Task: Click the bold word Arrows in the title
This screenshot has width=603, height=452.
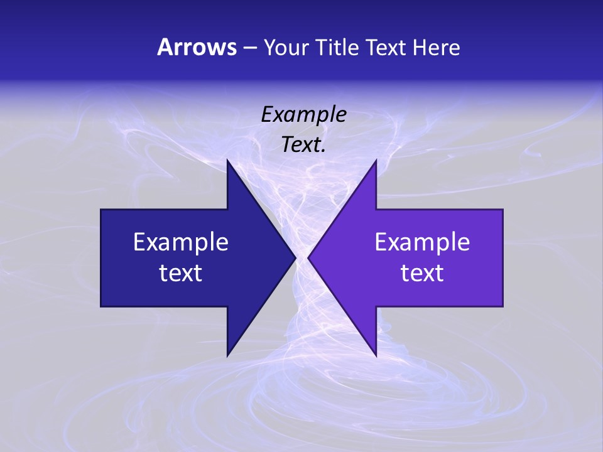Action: point(196,47)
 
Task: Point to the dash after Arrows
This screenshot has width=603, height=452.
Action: point(249,48)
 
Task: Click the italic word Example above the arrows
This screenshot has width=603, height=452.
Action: point(304,114)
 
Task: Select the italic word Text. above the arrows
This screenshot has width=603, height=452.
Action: point(304,145)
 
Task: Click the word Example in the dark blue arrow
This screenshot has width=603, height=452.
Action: point(181,242)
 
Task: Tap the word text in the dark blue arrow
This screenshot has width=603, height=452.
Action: point(181,272)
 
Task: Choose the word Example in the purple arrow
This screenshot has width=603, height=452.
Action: point(422,242)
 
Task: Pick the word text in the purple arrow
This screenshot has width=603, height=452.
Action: point(422,272)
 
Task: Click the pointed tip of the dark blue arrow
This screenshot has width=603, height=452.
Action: point(295,257)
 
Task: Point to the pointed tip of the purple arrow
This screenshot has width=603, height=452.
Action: point(308,257)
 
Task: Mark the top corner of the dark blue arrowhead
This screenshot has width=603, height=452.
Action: point(227,161)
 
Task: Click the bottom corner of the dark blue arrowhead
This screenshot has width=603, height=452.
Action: point(227,355)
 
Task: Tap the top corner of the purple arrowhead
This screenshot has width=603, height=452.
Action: point(376,161)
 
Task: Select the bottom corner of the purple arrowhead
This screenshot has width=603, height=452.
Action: point(376,355)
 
